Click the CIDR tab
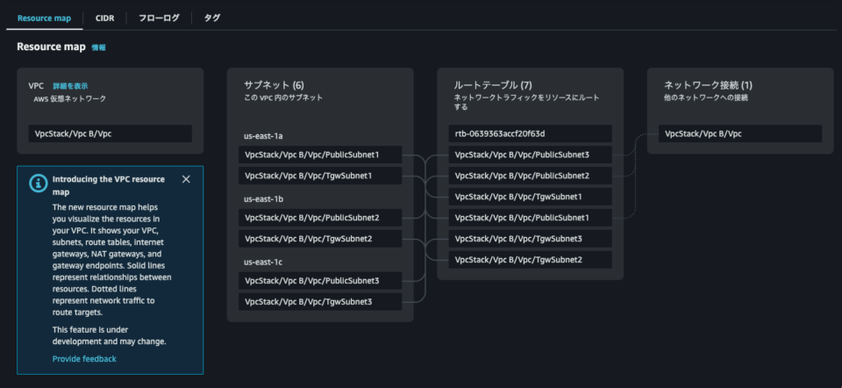[104, 18]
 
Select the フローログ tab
[159, 18]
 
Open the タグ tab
[211, 18]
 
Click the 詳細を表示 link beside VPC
[70, 86]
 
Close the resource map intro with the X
[186, 179]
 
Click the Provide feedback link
[84, 359]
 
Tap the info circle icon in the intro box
[38, 183]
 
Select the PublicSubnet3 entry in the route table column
[530, 154]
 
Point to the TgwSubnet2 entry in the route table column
[530, 260]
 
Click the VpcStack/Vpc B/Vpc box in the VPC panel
[110, 133]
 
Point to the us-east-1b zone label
[263, 199]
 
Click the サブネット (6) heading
[274, 84]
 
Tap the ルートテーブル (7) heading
[492, 84]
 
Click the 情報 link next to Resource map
[99, 47]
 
